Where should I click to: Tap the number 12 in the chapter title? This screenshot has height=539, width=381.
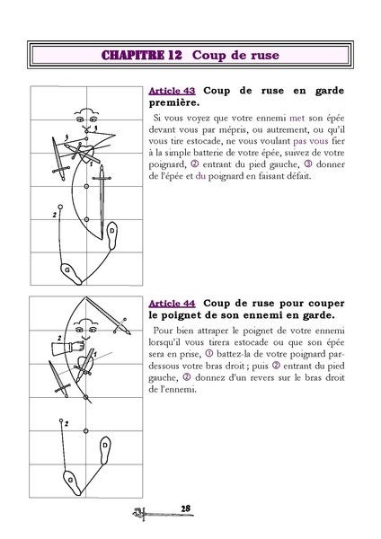[x=176, y=56]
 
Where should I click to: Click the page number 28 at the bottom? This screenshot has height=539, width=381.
[x=186, y=509]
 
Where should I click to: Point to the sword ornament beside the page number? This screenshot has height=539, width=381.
[x=146, y=513]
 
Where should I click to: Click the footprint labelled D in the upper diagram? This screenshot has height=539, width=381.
[x=112, y=234]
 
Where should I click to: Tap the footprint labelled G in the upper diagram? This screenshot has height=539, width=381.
[x=66, y=269]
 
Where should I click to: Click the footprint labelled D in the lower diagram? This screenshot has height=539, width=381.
[x=106, y=446]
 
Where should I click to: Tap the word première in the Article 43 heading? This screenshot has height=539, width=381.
[x=173, y=103]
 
